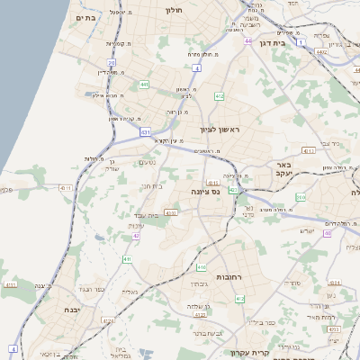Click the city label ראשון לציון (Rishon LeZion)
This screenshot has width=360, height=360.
[x=221, y=130]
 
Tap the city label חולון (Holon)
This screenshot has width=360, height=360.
[x=175, y=10]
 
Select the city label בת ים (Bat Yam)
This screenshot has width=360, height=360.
[x=86, y=17]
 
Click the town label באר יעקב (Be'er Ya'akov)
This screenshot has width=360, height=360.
[x=283, y=170]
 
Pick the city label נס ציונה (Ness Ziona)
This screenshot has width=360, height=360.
[x=206, y=192]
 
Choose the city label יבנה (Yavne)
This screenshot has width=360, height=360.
[x=71, y=309]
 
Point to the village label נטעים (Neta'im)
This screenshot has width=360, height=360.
[x=146, y=162]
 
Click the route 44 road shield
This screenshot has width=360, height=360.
[x=247, y=40]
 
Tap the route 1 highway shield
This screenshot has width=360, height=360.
[x=302, y=42]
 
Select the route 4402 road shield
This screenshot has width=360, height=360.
[x=321, y=52]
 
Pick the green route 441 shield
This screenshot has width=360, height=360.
[x=144, y=85]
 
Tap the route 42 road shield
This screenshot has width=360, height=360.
[x=137, y=236]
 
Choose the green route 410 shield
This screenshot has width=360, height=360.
[x=202, y=267]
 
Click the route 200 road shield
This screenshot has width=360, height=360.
[x=301, y=196]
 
